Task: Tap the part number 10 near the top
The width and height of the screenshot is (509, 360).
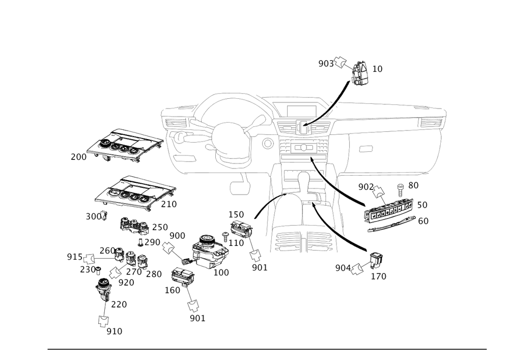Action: [x=377, y=68]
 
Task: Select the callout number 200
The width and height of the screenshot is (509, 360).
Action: [x=78, y=157]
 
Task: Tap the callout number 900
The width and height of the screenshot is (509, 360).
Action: [x=177, y=235]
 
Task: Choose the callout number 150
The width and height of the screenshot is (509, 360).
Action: [x=236, y=213]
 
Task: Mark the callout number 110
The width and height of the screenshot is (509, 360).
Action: [x=236, y=244]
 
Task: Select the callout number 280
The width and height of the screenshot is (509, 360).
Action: [x=154, y=274]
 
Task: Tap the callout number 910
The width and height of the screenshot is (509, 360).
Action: [x=115, y=331]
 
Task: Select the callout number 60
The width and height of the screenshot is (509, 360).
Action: [x=422, y=220]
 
